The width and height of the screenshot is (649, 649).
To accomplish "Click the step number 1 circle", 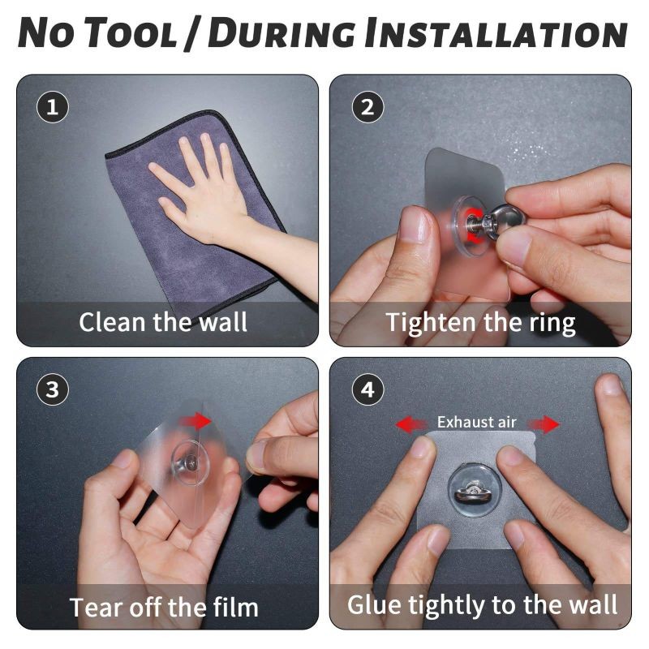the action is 52,107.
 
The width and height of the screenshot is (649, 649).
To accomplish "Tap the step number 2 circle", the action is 367,107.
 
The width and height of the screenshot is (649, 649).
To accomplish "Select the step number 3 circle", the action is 52,390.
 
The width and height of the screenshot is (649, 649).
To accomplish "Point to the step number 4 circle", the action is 367,390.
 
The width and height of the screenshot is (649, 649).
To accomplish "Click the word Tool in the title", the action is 131,33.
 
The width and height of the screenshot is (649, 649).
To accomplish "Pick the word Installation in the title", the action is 496,33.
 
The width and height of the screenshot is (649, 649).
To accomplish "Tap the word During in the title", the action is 282,33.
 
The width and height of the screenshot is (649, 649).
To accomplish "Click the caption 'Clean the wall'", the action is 163,321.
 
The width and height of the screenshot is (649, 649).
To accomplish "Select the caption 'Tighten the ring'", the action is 480,323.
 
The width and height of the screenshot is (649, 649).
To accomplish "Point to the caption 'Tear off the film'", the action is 164,607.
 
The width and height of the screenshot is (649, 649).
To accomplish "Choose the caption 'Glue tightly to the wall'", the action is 482,605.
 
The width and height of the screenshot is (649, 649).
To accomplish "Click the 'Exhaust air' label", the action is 476,422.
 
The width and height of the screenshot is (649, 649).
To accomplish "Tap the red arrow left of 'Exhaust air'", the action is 411,424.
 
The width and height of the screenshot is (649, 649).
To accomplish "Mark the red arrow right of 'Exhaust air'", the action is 544,424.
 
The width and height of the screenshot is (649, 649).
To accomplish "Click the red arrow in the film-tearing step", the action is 196,421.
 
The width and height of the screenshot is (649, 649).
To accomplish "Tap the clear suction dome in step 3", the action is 190,462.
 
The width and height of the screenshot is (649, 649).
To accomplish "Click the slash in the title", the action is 192,33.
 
